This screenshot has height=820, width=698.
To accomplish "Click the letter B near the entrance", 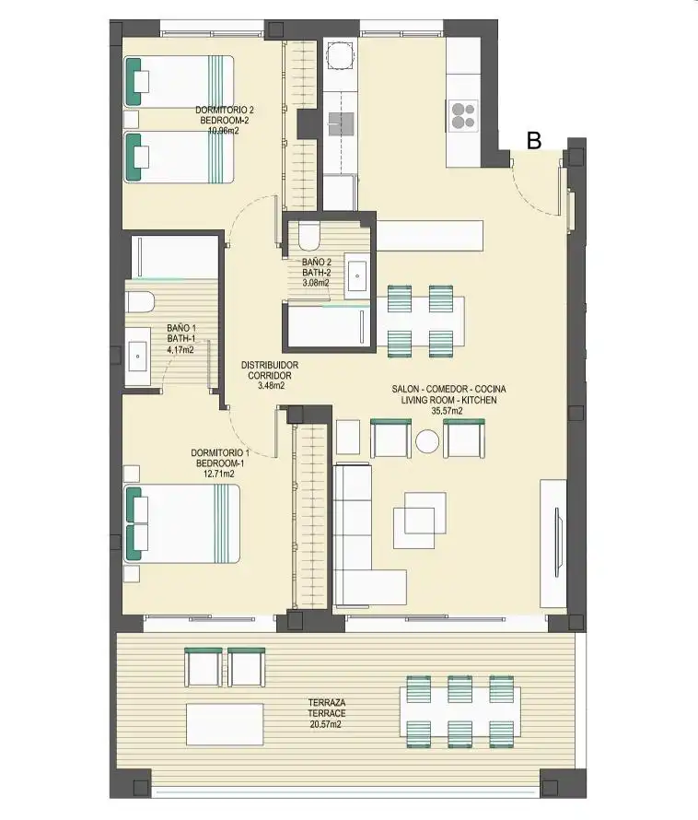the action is (533, 140).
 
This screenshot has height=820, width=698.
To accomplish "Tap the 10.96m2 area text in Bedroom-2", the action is (224, 131).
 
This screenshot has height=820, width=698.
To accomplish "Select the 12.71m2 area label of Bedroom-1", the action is (219, 474).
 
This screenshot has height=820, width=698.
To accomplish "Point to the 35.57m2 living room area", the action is (447, 411).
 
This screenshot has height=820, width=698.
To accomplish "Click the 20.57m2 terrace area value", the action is (326, 724).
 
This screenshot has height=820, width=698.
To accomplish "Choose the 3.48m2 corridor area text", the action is (271, 386).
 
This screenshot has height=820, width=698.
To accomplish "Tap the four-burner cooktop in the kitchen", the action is (463, 116).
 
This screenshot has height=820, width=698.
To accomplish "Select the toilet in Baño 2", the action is (309, 236).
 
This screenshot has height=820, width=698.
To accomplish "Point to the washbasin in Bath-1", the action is (138, 357).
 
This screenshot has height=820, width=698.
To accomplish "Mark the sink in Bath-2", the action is (357, 275).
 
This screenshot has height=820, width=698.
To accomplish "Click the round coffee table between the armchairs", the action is (427, 441).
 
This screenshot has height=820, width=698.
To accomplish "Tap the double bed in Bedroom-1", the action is (182, 523).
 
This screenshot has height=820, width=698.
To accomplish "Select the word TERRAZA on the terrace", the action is (326, 703).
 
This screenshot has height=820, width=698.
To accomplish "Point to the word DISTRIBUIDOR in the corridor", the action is (270, 365).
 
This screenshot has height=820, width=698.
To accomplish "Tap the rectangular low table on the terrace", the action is (225, 725).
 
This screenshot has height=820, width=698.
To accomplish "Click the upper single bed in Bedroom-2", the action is (179, 82).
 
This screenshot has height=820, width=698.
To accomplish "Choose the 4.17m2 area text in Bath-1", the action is (180, 349).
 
